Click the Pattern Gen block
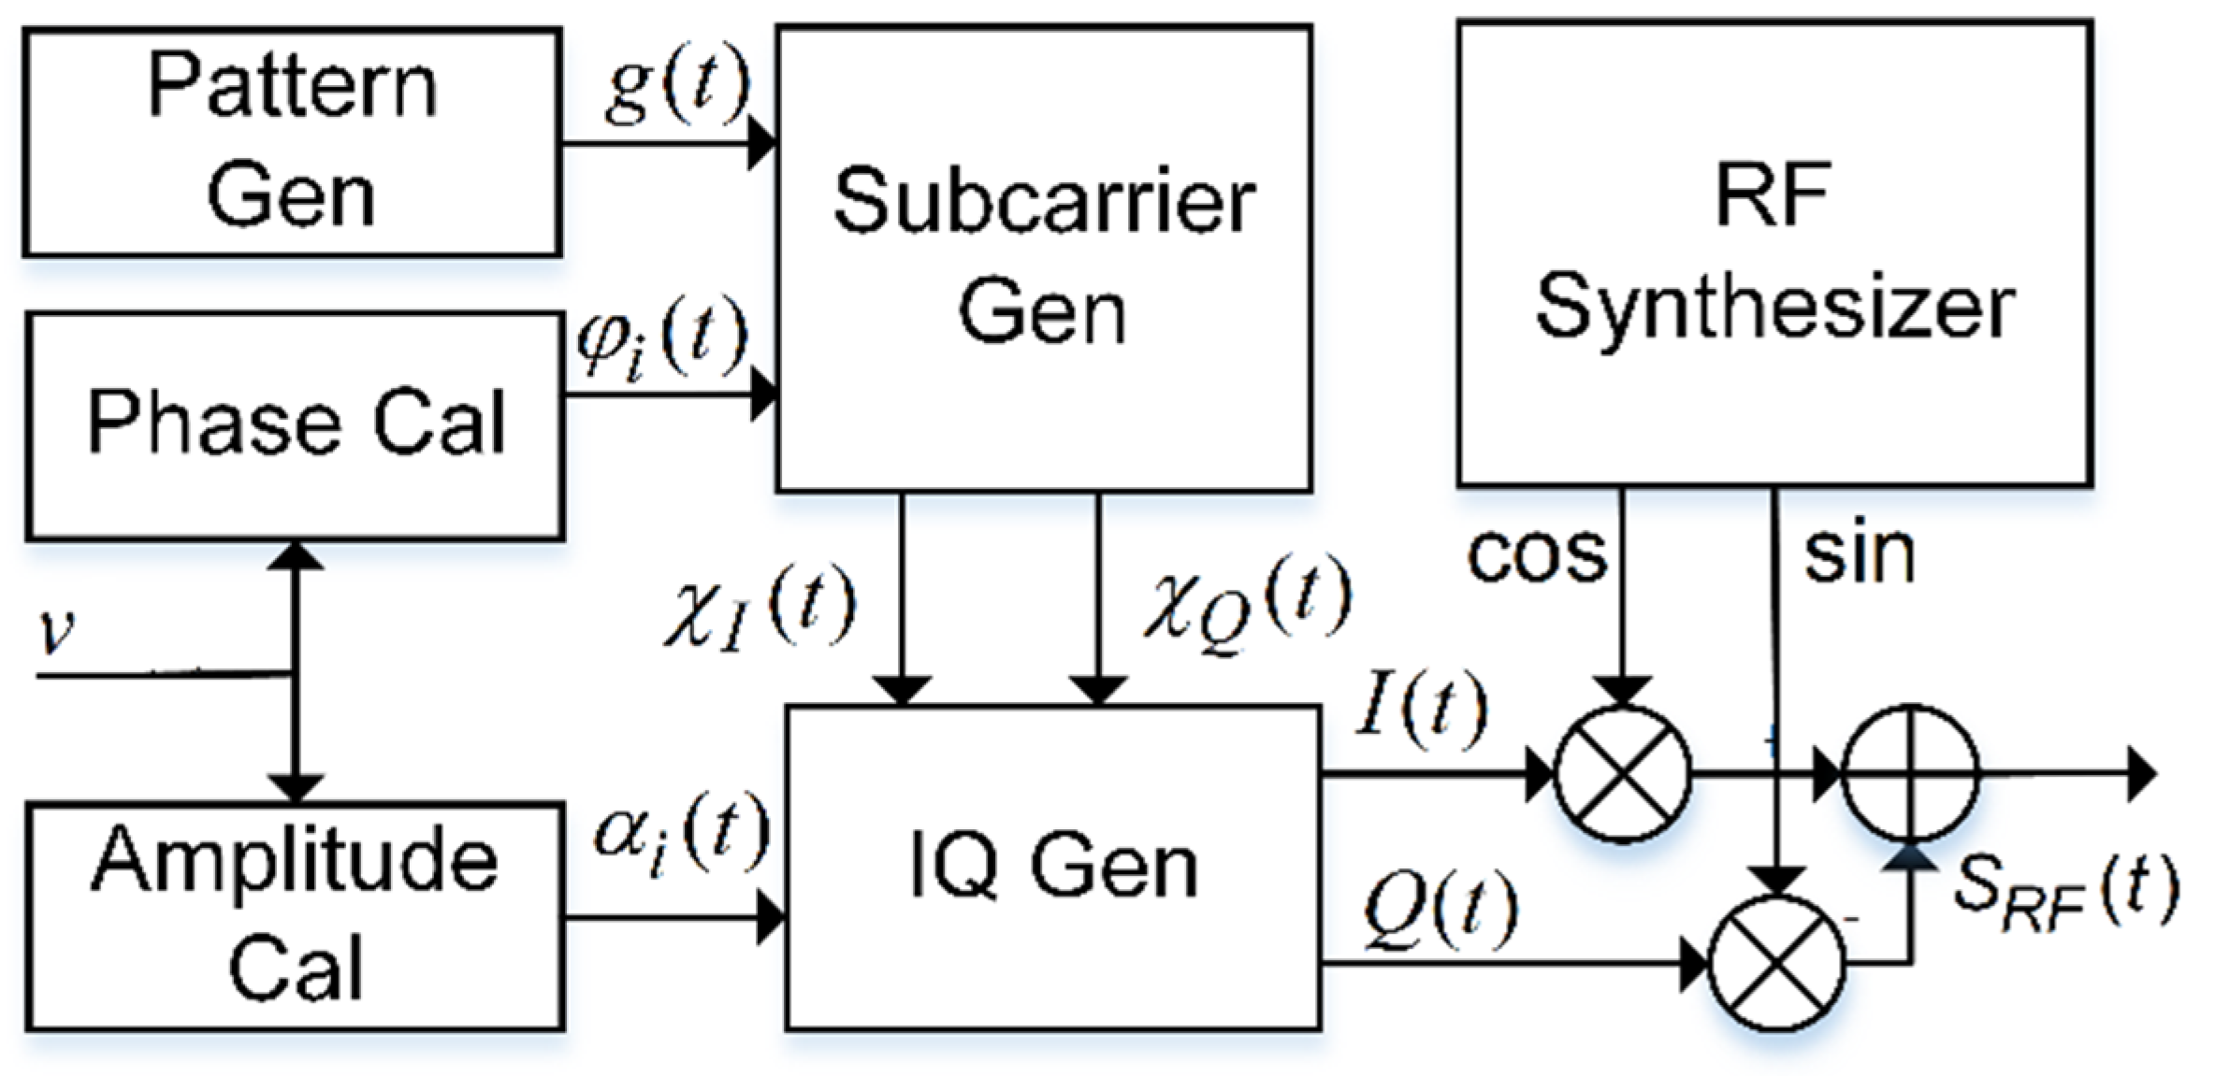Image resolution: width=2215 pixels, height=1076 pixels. point(292,142)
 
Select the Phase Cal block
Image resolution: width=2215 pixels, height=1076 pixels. point(295,425)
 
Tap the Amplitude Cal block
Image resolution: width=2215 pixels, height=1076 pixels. point(295,916)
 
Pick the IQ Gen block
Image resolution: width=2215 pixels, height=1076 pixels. point(1053,868)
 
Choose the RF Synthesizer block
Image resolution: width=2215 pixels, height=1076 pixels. point(1774,252)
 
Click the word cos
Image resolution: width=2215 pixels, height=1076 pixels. point(1537,555)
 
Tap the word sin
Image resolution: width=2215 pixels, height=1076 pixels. point(1860,555)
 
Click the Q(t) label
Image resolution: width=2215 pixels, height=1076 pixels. point(1439,909)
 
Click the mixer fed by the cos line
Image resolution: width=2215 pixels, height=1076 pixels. point(1623,774)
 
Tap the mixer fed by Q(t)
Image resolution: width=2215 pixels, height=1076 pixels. point(1775,963)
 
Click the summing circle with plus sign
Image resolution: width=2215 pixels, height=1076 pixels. point(1910,774)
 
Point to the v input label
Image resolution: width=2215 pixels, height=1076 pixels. point(56,633)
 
